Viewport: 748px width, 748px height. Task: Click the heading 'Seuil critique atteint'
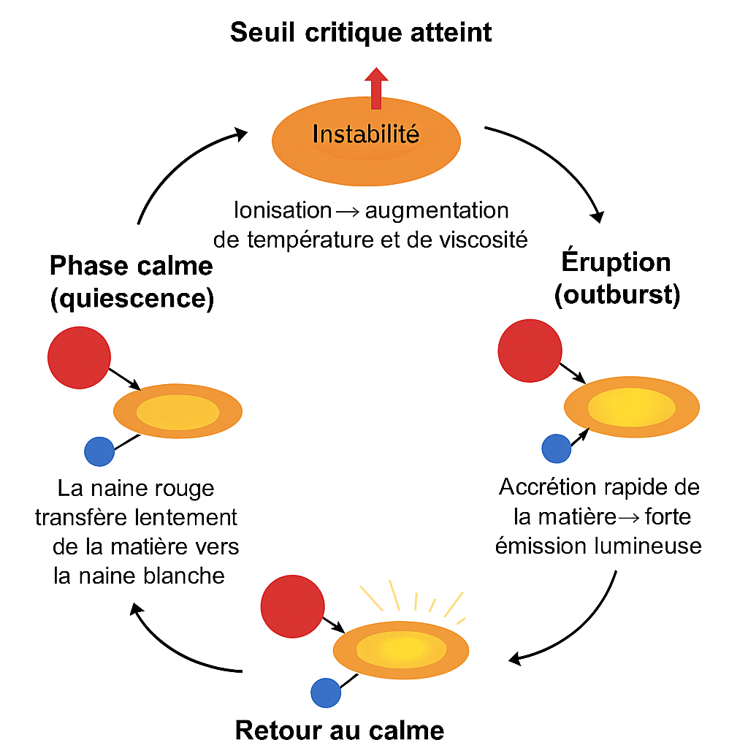click(x=361, y=33)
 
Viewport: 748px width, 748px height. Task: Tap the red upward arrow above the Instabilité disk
click(x=376, y=88)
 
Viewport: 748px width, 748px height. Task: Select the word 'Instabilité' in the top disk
click(x=365, y=134)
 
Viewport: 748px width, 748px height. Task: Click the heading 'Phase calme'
click(x=131, y=266)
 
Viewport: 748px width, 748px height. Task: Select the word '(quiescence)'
click(x=131, y=299)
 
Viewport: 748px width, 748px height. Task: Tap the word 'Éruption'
click(x=616, y=262)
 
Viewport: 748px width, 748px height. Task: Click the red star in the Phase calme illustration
click(x=79, y=358)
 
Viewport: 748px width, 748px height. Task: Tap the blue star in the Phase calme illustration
click(x=99, y=451)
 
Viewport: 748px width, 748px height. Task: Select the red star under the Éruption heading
click(x=530, y=351)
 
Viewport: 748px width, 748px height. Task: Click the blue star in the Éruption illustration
click(x=556, y=449)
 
